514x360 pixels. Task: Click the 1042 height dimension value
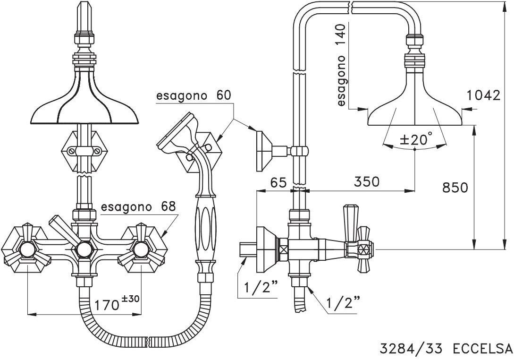483,95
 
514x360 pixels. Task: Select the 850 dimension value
455,188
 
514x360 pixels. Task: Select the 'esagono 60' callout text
194,95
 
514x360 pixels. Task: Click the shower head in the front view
84,104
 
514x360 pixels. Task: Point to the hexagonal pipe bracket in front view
84,152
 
